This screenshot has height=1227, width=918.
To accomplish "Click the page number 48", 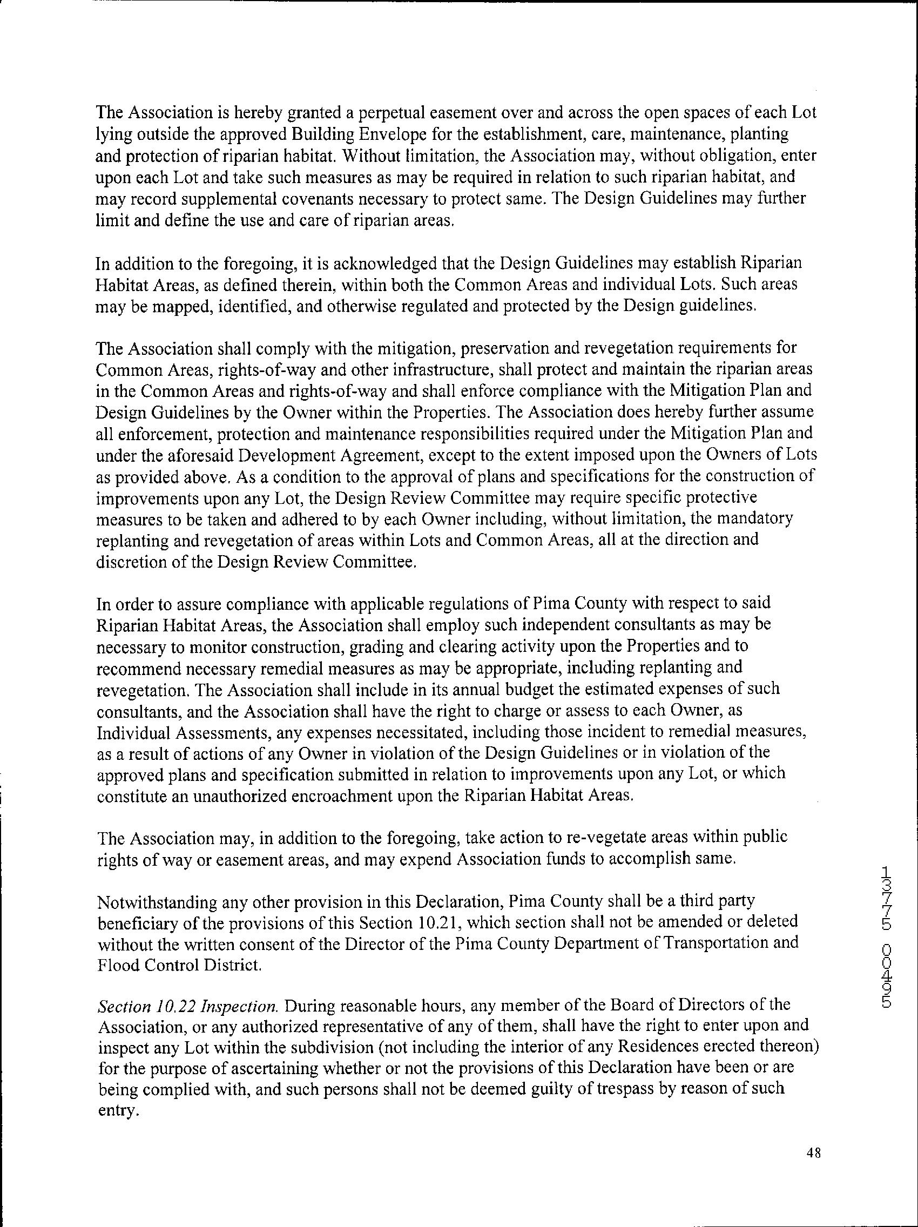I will click(x=814, y=1153).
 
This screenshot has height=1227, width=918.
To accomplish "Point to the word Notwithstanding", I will click(x=156, y=901).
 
